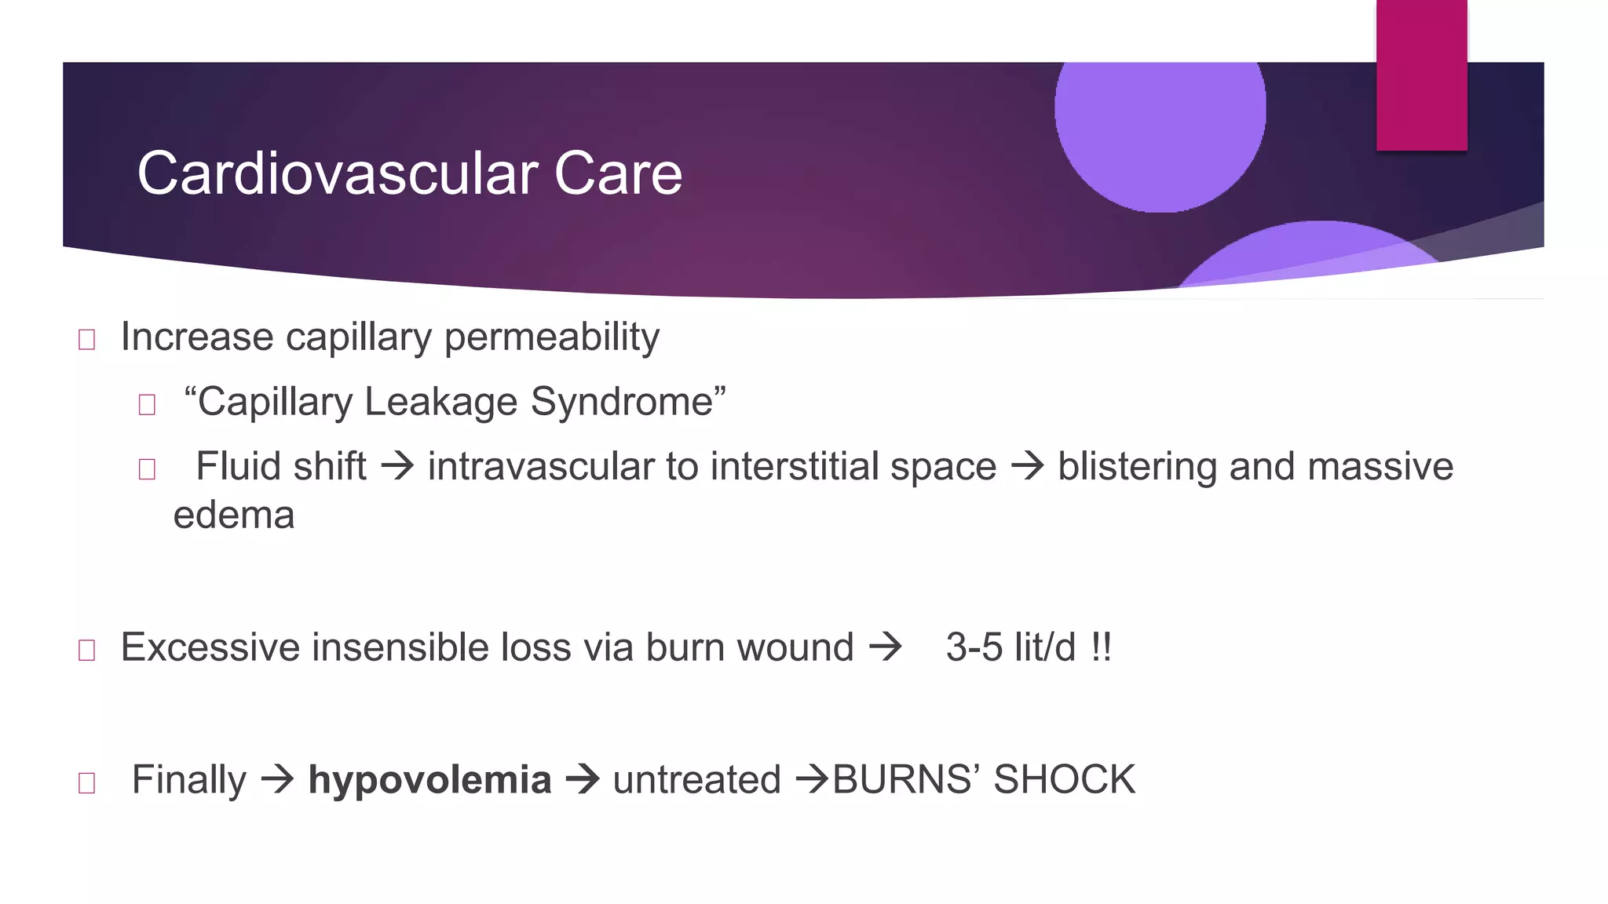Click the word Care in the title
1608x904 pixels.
(618, 173)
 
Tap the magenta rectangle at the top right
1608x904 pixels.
(1421, 75)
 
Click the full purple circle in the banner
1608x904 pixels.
(1160, 118)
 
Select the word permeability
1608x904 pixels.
(551, 338)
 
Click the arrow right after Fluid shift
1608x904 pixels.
(397, 466)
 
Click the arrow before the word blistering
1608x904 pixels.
(1027, 466)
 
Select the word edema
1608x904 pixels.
(234, 516)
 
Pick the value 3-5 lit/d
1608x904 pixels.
(1010, 648)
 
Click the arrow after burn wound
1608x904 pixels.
(886, 648)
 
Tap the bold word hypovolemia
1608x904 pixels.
(429, 780)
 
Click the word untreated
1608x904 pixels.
(696, 780)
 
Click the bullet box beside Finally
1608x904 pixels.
(87, 782)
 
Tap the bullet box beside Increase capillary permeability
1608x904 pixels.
(87, 340)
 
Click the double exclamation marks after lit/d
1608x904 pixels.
(1101, 648)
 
